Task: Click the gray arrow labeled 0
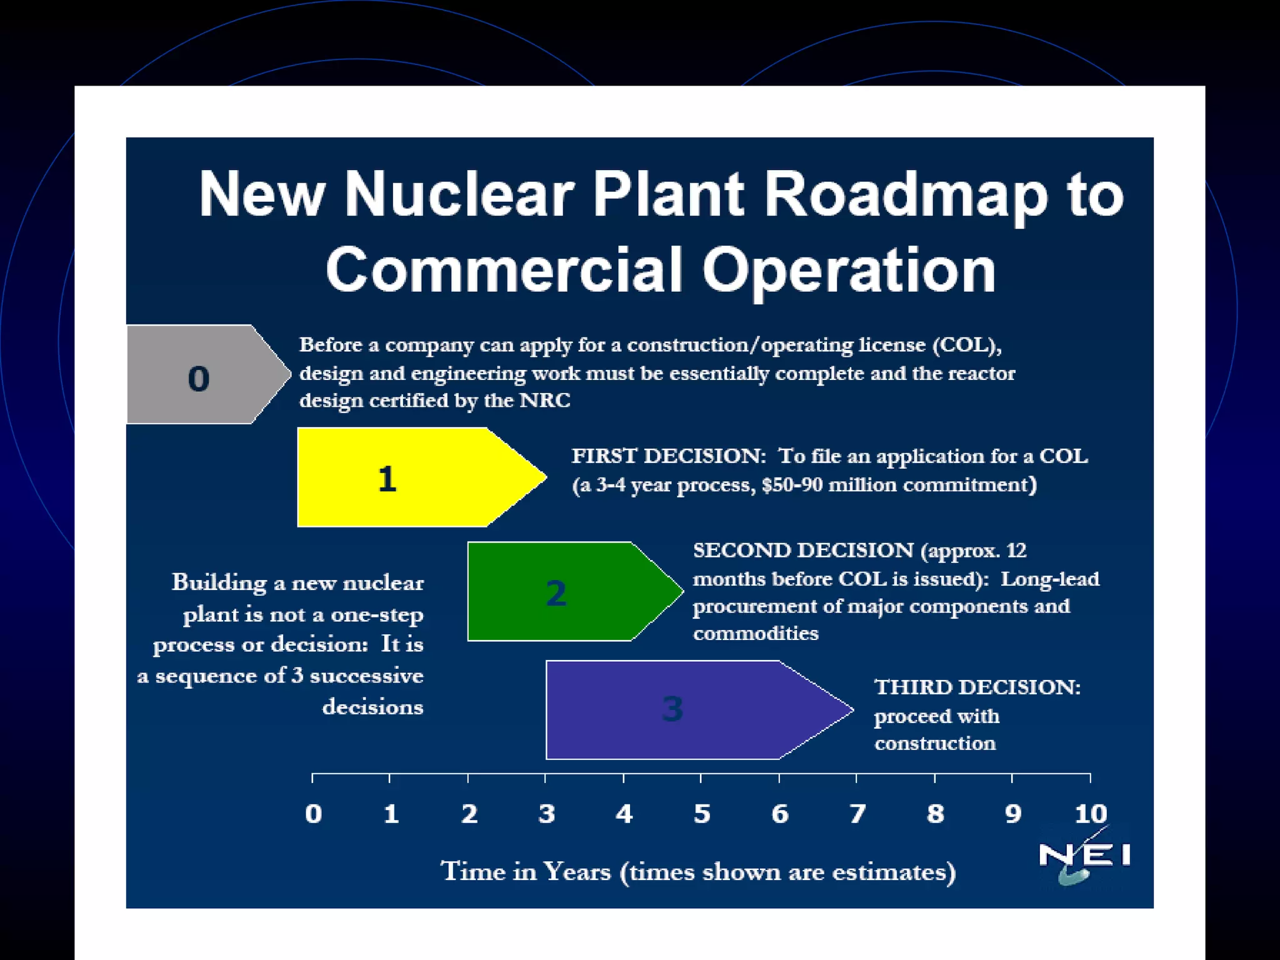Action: click(x=200, y=375)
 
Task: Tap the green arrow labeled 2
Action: click(x=562, y=592)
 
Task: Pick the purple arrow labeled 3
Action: click(x=675, y=710)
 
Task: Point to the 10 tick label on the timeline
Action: click(x=1091, y=814)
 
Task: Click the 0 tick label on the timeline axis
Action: click(x=314, y=814)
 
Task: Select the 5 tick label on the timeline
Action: click(x=702, y=814)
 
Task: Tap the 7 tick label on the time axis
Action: click(x=857, y=814)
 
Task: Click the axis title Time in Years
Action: click(x=526, y=871)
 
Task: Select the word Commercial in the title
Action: click(x=504, y=270)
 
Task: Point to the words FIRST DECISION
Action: click(x=668, y=456)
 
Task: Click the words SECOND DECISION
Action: click(x=803, y=551)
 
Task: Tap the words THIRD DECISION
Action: click(x=977, y=687)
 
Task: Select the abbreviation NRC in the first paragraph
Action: click(x=545, y=401)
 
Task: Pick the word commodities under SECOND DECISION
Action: click(x=756, y=634)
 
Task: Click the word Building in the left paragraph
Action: click(x=219, y=583)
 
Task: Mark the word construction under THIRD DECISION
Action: click(x=935, y=743)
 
